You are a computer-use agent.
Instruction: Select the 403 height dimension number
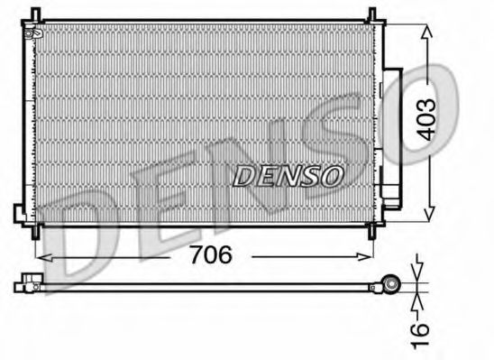(x=426, y=118)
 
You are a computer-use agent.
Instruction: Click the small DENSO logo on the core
(x=288, y=175)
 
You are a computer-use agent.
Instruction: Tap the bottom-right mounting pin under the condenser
(x=370, y=233)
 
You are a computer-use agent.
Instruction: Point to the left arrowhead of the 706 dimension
(x=44, y=256)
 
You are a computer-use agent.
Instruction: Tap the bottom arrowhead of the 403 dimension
(x=426, y=216)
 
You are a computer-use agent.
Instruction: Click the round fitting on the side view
(x=391, y=284)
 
